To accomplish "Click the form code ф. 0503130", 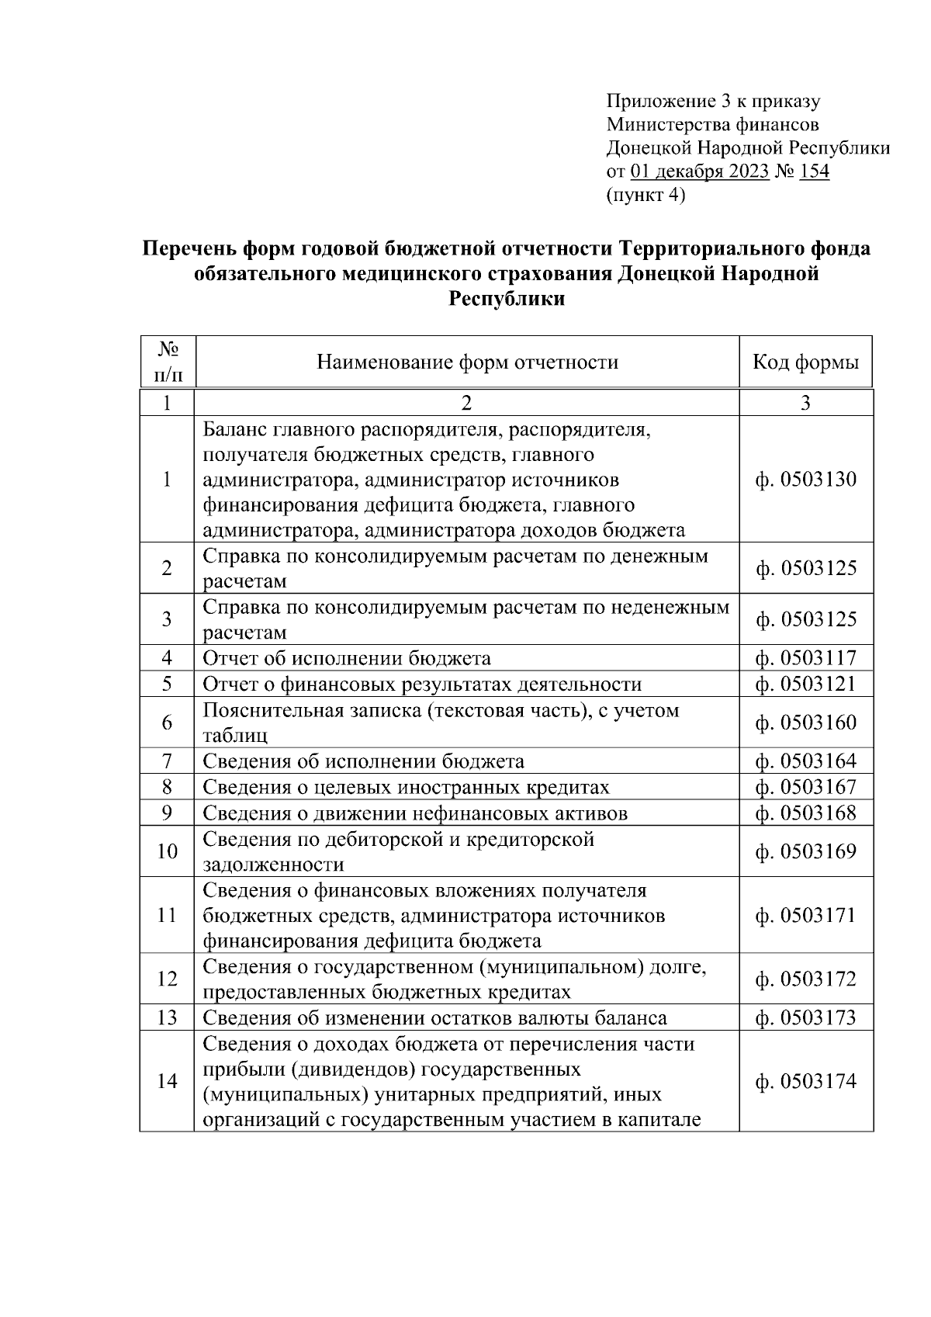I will tap(805, 480).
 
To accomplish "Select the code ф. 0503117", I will tap(805, 659).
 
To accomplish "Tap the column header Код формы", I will tap(805, 362).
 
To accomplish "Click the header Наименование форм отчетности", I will tap(467, 362).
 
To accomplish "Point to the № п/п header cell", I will tap(168, 362).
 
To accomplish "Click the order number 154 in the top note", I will tap(814, 172).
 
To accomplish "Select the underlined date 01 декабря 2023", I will tap(700, 172).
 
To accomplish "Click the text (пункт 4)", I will tap(645, 195).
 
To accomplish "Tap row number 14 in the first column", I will tap(168, 1081).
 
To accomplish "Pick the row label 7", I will tap(168, 761).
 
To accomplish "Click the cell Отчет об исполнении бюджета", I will tap(347, 659).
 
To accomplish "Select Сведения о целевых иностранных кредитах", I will tap(406, 788).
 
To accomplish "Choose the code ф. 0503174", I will tap(805, 1081).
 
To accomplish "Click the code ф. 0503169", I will tap(805, 852).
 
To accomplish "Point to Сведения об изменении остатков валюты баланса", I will tap(434, 1017).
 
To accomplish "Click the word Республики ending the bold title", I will tap(507, 299).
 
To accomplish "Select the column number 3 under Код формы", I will tap(805, 403).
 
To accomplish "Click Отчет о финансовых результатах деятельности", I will tap(422, 684).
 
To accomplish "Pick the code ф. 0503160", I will tap(805, 723).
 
